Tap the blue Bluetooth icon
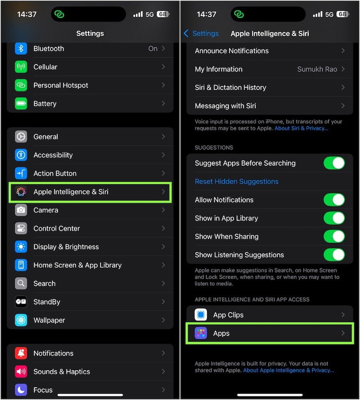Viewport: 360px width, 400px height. tap(21, 49)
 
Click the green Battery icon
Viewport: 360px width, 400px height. tap(21, 103)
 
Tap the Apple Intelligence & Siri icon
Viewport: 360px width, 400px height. tap(21, 192)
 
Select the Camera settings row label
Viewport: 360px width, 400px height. tap(46, 210)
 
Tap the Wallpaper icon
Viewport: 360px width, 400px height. tap(21, 320)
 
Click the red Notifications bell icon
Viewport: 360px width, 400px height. tap(21, 353)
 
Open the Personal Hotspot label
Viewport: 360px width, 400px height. tap(61, 85)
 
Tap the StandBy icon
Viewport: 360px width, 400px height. tap(21, 302)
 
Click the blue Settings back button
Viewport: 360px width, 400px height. tap(202, 34)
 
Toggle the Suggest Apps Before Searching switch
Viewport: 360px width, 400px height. tap(334, 163)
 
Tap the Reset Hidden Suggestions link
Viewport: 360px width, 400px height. tap(237, 181)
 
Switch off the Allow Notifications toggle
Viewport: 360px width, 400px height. tap(334, 200)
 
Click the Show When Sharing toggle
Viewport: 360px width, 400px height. tap(334, 237)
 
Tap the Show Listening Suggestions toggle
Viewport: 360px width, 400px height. tap(334, 255)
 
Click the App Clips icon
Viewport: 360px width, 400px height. tap(201, 315)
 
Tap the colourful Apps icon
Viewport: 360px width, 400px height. tap(201, 333)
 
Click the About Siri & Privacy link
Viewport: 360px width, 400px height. tap(301, 128)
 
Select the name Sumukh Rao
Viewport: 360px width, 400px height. tap(317, 69)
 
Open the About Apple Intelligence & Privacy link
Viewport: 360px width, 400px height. tap(288, 370)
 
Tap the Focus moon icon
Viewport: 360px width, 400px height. tap(21, 390)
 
